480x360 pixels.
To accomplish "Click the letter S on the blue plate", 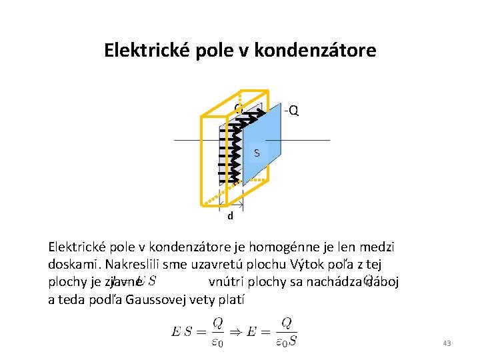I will (257, 154).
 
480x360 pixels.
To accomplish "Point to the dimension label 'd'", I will (230, 216).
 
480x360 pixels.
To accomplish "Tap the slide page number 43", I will (447, 343).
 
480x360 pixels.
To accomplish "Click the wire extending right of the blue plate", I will (307, 140).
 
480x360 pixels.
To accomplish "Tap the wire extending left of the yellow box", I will (187, 140).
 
